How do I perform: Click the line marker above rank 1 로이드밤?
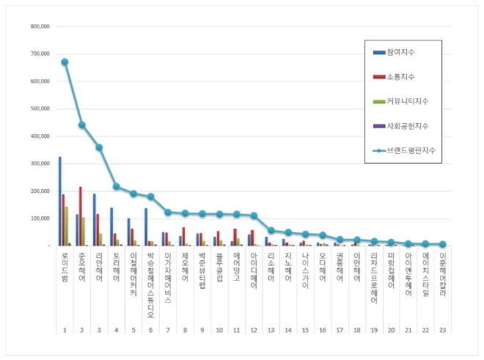tap(65, 62)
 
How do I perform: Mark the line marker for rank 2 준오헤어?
tap(82, 125)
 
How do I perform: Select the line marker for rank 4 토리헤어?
tap(116, 186)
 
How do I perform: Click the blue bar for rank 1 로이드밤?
tap(60, 202)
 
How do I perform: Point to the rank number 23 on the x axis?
tap(442, 331)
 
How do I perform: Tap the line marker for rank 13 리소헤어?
tap(271, 230)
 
